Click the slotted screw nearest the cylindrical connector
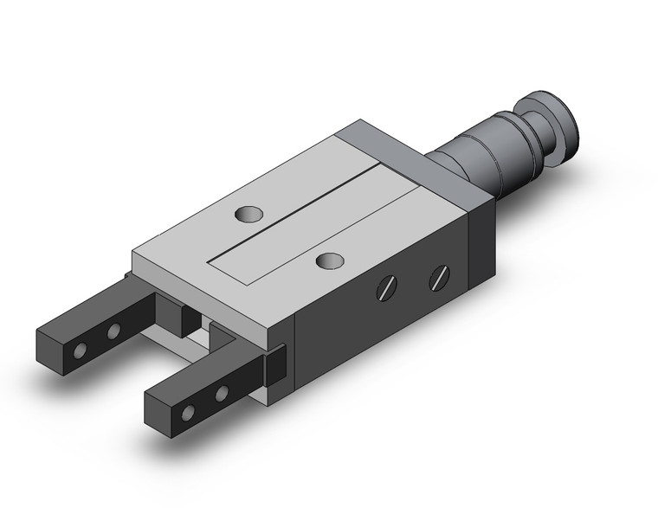tap(439, 278)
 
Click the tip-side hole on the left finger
tap(80, 351)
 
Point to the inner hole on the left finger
tap(113, 331)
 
